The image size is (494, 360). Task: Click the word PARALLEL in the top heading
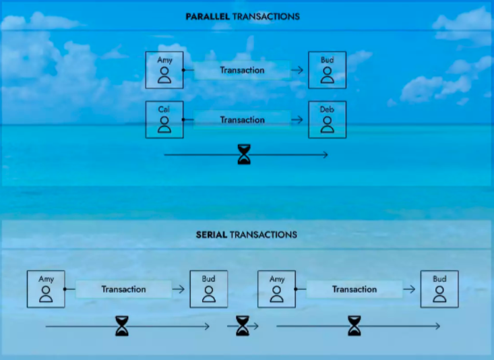click(208, 16)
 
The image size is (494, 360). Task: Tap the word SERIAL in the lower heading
click(212, 235)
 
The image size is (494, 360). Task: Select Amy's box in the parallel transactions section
click(164, 69)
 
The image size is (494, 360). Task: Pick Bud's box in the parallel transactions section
click(327, 69)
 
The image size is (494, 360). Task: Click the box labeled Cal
click(164, 119)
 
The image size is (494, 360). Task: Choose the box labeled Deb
click(327, 119)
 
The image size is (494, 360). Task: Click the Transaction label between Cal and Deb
click(242, 120)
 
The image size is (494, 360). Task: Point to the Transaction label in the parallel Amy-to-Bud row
click(242, 70)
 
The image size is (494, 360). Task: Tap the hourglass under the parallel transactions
click(244, 155)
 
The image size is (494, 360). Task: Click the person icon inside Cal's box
click(164, 124)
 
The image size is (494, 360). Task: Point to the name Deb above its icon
click(327, 110)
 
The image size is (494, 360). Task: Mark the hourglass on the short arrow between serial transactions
click(243, 326)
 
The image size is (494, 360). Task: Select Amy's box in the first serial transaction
click(46, 289)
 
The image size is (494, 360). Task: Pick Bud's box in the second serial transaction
click(439, 289)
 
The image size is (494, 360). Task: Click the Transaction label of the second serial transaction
click(354, 289)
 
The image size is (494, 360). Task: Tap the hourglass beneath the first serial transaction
click(121, 326)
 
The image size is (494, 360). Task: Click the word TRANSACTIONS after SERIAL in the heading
click(263, 235)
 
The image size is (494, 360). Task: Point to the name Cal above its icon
click(164, 110)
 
